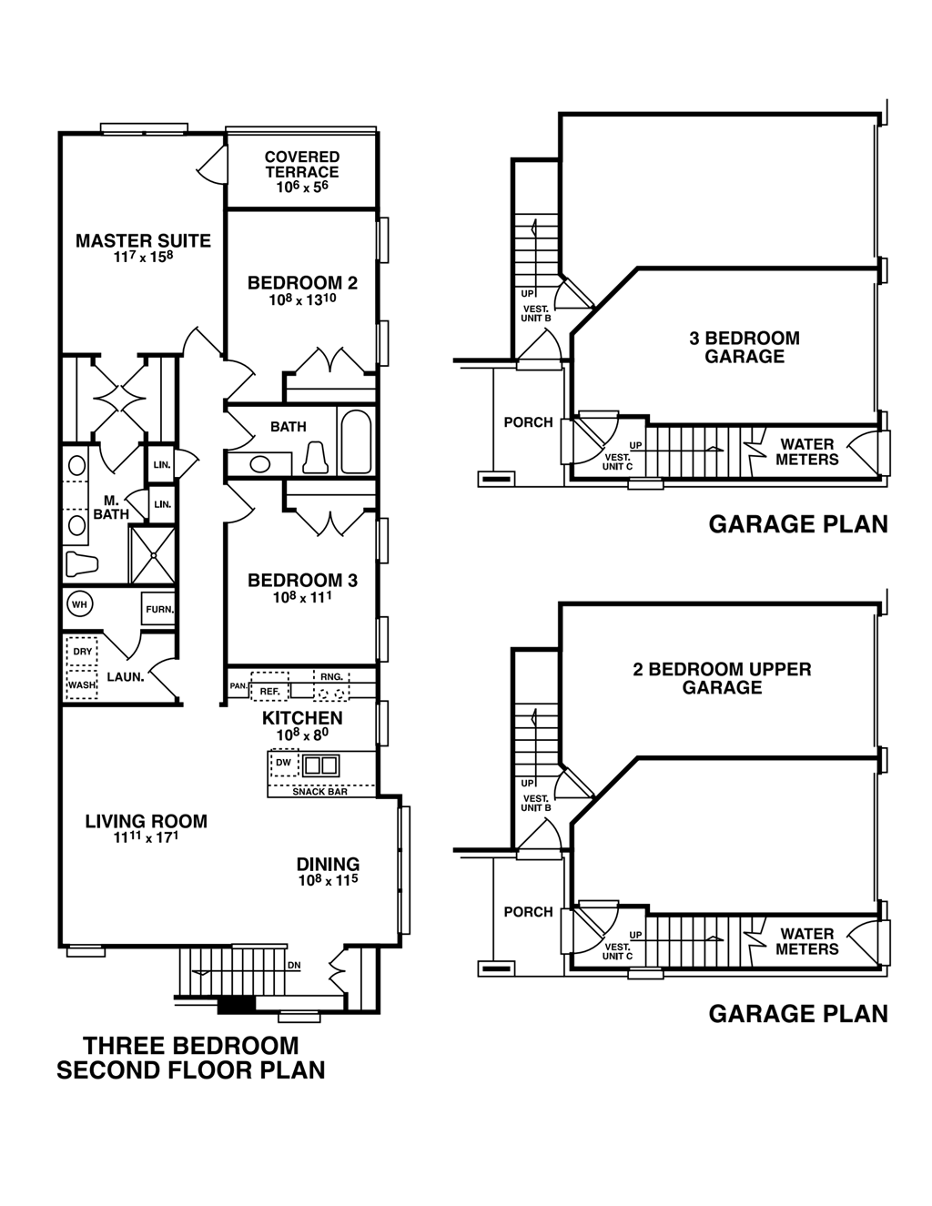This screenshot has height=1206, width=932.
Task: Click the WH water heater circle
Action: [79, 604]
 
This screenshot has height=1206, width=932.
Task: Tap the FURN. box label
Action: [159, 609]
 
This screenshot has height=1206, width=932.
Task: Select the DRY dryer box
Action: [82, 652]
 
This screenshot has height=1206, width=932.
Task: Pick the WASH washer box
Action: [82, 684]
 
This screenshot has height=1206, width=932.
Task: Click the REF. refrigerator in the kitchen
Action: [269, 690]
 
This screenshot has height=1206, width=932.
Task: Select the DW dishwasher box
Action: [284, 763]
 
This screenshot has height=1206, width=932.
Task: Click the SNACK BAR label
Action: [320, 792]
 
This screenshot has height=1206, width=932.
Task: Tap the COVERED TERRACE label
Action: [302, 165]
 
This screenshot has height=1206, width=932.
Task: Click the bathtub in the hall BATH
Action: [356, 442]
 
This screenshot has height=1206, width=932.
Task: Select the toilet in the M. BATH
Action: [81, 564]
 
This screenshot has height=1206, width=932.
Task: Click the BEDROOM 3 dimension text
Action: [301, 598]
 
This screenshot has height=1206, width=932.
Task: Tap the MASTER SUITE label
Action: [143, 241]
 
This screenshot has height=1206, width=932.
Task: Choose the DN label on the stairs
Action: [293, 965]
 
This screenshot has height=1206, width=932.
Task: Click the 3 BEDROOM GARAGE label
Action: [745, 347]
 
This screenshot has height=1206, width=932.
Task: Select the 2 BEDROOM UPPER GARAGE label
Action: [722, 678]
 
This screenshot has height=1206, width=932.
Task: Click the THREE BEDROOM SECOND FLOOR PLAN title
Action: [191, 1058]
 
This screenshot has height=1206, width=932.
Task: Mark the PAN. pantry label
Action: [238, 685]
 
